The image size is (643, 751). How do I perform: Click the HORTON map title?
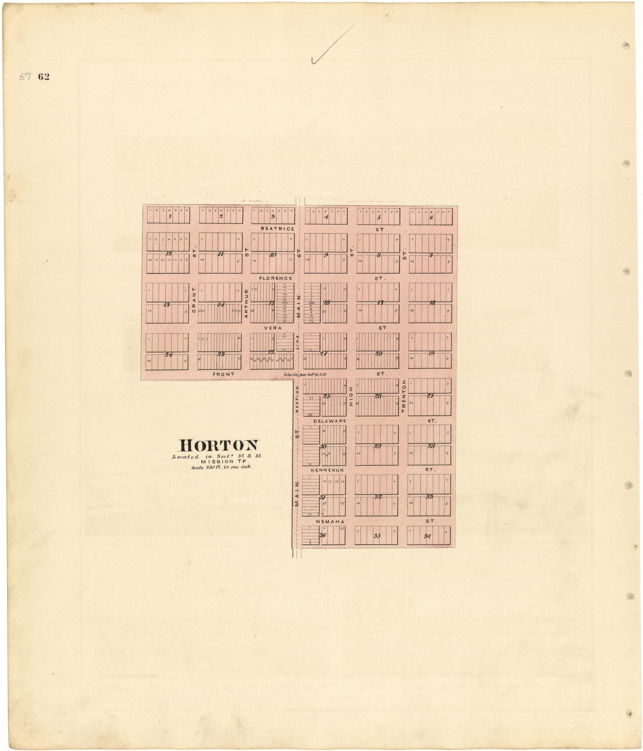point(220,445)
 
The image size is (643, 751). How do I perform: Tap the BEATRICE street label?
point(277,229)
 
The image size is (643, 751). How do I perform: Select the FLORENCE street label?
point(275,278)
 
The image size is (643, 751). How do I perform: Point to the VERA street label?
point(273,328)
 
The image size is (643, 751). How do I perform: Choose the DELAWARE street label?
point(330,421)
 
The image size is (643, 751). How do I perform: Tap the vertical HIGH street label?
point(351,396)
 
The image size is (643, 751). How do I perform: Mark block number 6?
point(431,218)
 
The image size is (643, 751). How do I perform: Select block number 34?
point(427,536)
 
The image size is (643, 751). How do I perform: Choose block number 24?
point(168,355)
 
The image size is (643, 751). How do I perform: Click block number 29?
point(377,446)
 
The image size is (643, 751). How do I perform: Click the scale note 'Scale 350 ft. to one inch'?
point(221,467)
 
